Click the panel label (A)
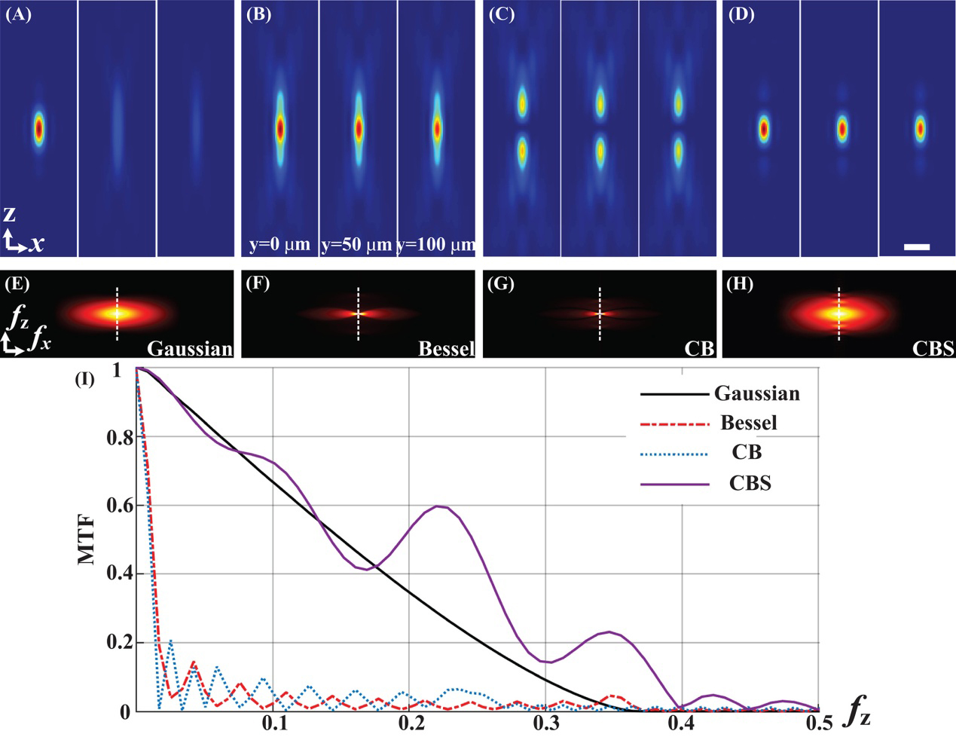18,14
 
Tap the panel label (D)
742,14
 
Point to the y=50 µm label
356,245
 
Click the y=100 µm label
436,245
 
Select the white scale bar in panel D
916,246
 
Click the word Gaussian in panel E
190,348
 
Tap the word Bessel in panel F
446,348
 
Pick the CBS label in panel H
933,348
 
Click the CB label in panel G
698,348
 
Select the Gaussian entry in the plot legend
756,393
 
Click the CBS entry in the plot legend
750,483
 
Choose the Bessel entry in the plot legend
748,423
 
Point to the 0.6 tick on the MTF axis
119,505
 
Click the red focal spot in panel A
39,130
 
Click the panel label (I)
84,379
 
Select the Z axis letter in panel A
9,215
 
